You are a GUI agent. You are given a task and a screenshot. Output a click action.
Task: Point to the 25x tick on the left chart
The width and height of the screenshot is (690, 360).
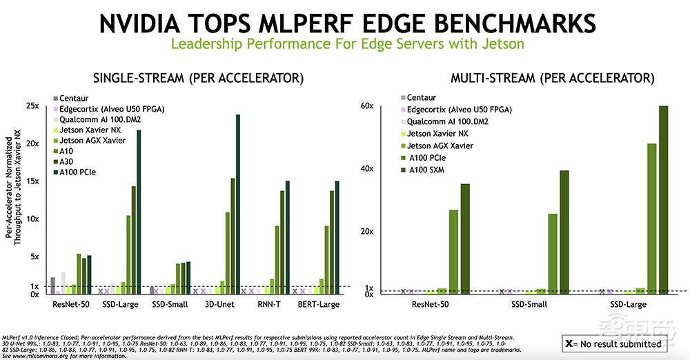pos(32,106)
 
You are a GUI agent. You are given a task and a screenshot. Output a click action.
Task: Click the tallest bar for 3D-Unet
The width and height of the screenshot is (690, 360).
pos(238,203)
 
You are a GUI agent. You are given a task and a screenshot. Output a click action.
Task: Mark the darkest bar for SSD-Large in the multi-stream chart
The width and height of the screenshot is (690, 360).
pos(664,199)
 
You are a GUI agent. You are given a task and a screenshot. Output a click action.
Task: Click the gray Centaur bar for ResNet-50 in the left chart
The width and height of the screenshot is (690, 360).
pos(53,286)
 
